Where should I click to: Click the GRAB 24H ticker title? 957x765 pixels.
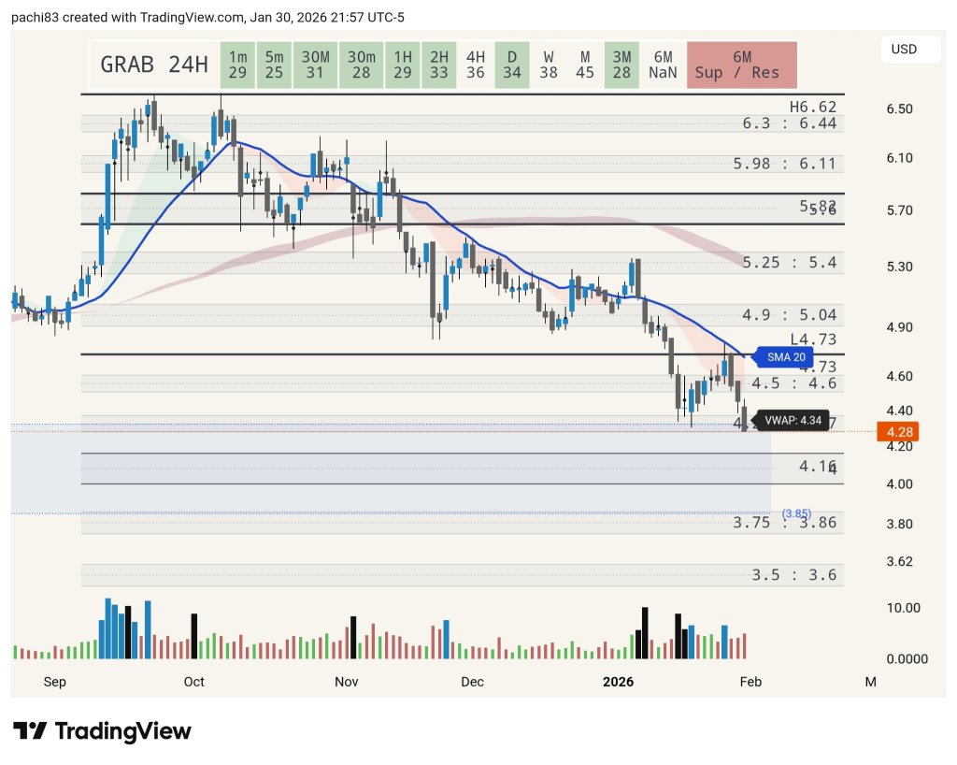point(153,65)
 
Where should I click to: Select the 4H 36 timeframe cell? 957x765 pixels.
point(475,65)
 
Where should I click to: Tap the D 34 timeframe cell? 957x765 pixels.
point(511,65)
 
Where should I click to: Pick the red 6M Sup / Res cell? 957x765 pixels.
point(741,65)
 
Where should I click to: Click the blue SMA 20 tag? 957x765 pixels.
point(785,356)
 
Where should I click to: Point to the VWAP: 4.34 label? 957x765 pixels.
point(792,421)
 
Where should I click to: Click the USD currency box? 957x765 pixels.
point(902,49)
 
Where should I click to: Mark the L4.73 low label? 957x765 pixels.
point(812,339)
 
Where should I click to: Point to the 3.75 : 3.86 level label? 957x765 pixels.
point(784,523)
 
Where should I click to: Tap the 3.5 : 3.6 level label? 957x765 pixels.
point(793,574)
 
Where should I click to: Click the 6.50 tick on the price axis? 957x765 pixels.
point(900,109)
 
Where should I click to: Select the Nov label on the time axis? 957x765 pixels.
point(346,682)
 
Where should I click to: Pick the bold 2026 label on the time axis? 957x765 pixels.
point(618,682)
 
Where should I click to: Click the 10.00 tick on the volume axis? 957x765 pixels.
point(903,608)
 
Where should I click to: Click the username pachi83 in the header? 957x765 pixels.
point(35,18)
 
